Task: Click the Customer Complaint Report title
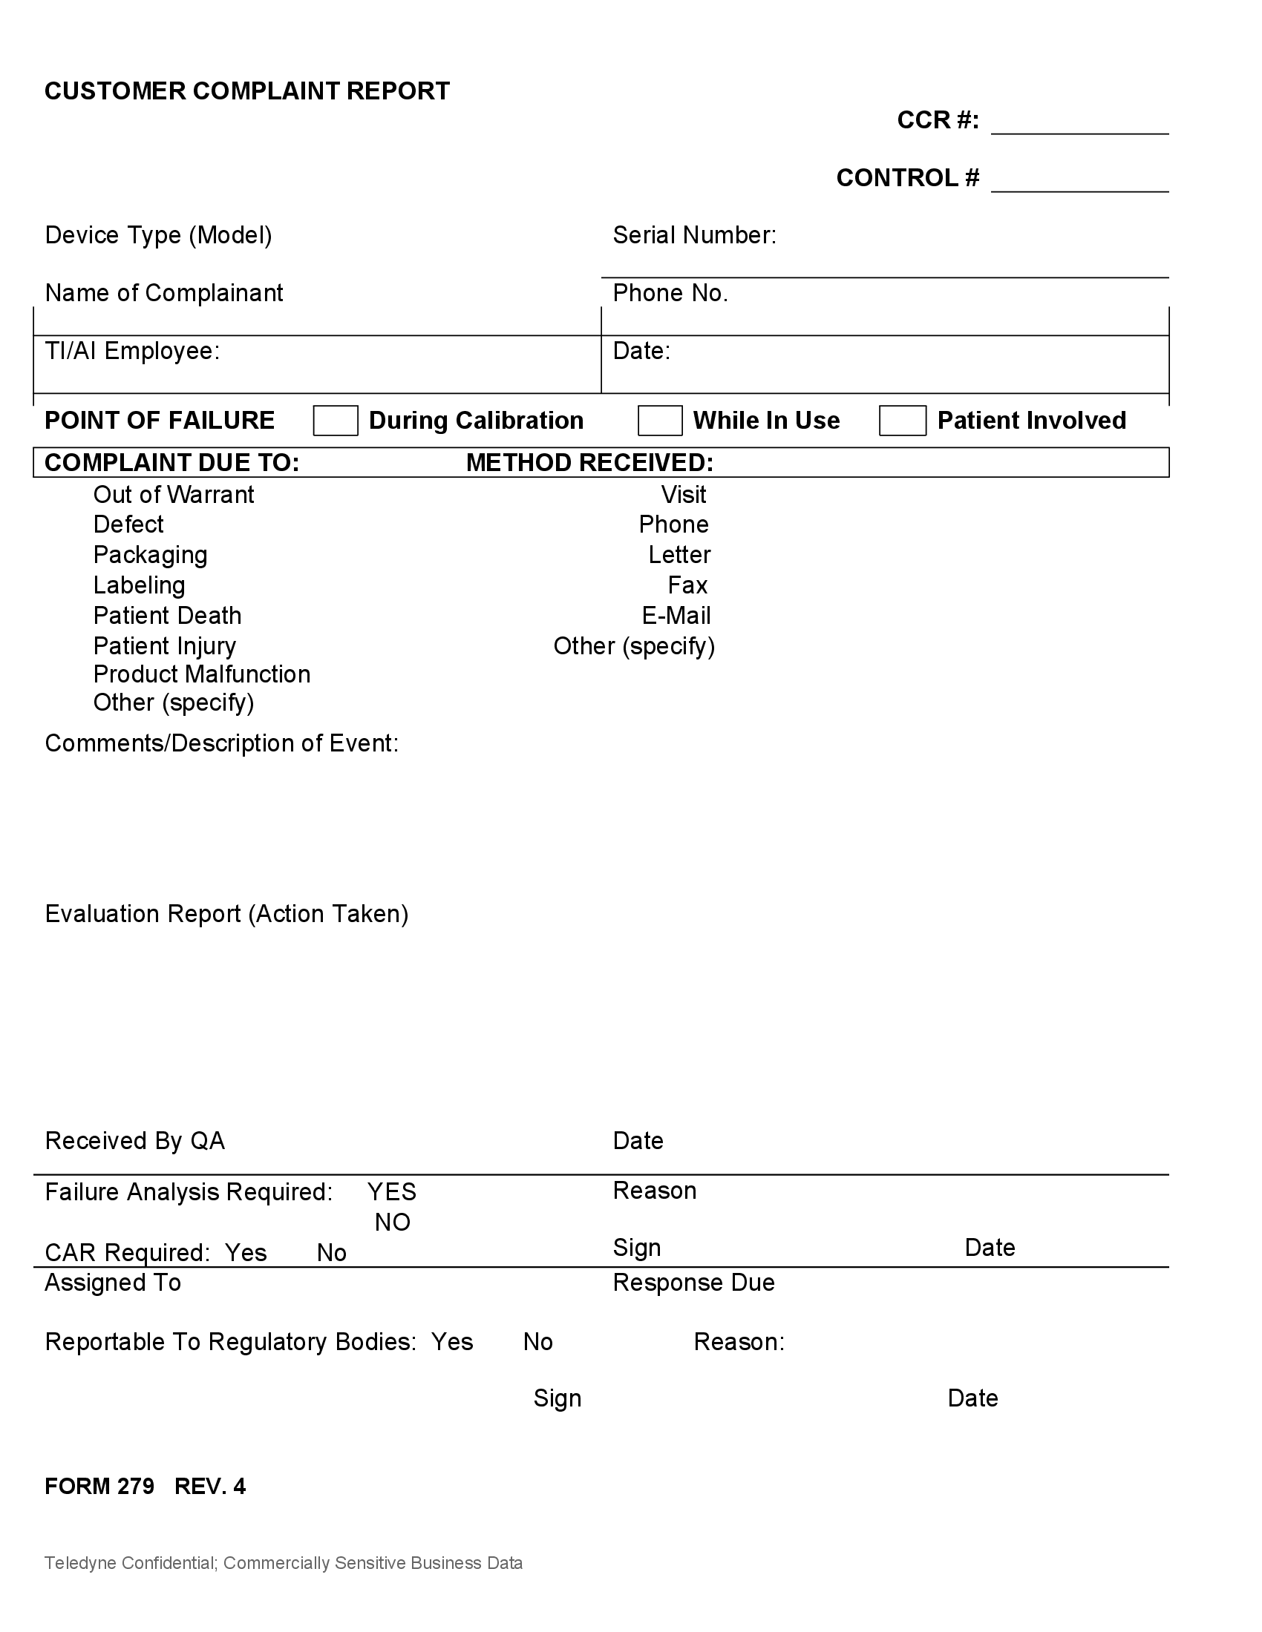[x=246, y=91]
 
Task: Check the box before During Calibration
[x=335, y=421]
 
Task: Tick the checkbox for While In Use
[x=659, y=421]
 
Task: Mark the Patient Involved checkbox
[x=903, y=421]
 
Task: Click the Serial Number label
[x=694, y=235]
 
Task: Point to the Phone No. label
[x=670, y=293]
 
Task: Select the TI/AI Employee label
[x=132, y=350]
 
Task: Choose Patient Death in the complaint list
[x=168, y=616]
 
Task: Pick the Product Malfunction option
[x=202, y=674]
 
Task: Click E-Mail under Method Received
[x=676, y=616]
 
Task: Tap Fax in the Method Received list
[x=687, y=585]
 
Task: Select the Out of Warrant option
[x=174, y=495]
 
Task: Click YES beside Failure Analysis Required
[x=392, y=1192]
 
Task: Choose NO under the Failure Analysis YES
[x=393, y=1223]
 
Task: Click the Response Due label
[x=693, y=1283]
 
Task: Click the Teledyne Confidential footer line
[x=284, y=1563]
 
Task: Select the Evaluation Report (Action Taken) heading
[x=226, y=914]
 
